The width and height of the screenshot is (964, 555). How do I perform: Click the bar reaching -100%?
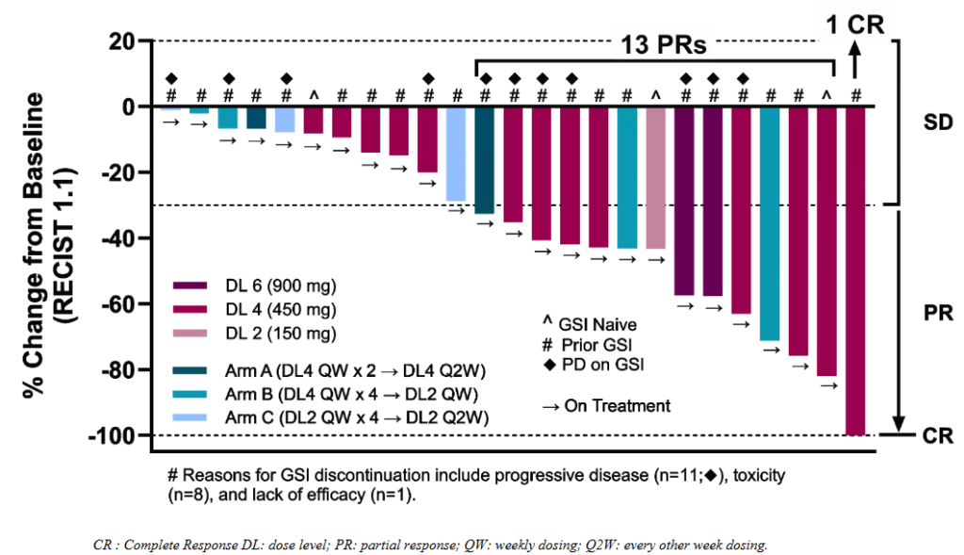(855, 271)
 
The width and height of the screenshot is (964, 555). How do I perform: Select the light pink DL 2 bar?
(656, 178)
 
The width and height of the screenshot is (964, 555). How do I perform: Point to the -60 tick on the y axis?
(144, 304)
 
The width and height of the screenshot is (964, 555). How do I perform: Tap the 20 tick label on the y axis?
(121, 41)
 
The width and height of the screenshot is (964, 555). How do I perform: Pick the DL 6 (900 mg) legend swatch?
(190, 286)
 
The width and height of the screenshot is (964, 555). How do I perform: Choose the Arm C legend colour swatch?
(190, 417)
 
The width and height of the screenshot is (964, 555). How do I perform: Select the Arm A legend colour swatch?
(190, 370)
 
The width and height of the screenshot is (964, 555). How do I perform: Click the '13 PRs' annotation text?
(664, 44)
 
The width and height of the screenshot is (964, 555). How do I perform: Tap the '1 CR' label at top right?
(855, 24)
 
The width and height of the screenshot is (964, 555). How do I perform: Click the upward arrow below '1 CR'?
(855, 59)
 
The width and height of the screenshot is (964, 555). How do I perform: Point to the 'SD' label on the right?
(938, 122)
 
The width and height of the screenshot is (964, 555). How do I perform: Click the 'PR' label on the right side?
(939, 313)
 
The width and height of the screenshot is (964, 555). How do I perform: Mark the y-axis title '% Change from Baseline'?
(35, 245)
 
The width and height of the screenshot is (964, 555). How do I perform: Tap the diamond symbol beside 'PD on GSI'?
(549, 365)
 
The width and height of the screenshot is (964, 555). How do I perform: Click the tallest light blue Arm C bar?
(456, 154)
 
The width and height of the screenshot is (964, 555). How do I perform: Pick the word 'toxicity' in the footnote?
(759, 476)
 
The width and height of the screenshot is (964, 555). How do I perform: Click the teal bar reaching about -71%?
(769, 224)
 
